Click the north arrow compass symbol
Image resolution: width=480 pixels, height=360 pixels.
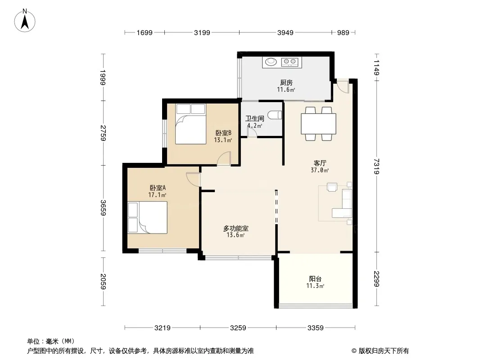pyautogui.click(x=25, y=21)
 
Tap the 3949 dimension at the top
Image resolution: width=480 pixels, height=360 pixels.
pyautogui.click(x=285, y=32)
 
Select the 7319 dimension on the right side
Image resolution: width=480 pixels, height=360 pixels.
pyautogui.click(x=376, y=166)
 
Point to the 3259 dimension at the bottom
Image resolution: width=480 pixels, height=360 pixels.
pyautogui.click(x=238, y=328)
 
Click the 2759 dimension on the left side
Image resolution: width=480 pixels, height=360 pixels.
pyautogui.click(x=103, y=133)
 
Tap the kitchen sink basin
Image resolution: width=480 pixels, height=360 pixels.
pyautogui.click(x=271, y=62)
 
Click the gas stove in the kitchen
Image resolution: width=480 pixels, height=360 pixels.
pyautogui.click(x=290, y=62)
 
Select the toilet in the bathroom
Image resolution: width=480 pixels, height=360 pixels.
pyautogui.click(x=275, y=115)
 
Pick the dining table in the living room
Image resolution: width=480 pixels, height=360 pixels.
pyautogui.click(x=318, y=124)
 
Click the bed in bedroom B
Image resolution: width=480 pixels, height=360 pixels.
pyautogui.click(x=190, y=124)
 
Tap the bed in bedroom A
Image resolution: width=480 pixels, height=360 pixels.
pyautogui.click(x=148, y=217)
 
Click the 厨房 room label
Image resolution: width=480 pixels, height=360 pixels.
pyautogui.click(x=286, y=82)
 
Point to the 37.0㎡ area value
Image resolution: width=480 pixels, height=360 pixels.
pyautogui.click(x=320, y=170)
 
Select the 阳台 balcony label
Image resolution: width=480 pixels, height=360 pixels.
pyautogui.click(x=315, y=279)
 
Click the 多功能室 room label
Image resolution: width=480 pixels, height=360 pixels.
pyautogui.click(x=235, y=228)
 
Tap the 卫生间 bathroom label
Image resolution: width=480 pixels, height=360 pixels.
pyautogui.click(x=255, y=118)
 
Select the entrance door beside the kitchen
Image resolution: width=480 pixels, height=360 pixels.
pyautogui.click(x=343, y=86)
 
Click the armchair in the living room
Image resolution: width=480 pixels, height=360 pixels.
pyautogui.click(x=332, y=187)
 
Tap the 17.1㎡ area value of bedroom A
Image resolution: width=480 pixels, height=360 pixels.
pyautogui.click(x=157, y=195)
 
